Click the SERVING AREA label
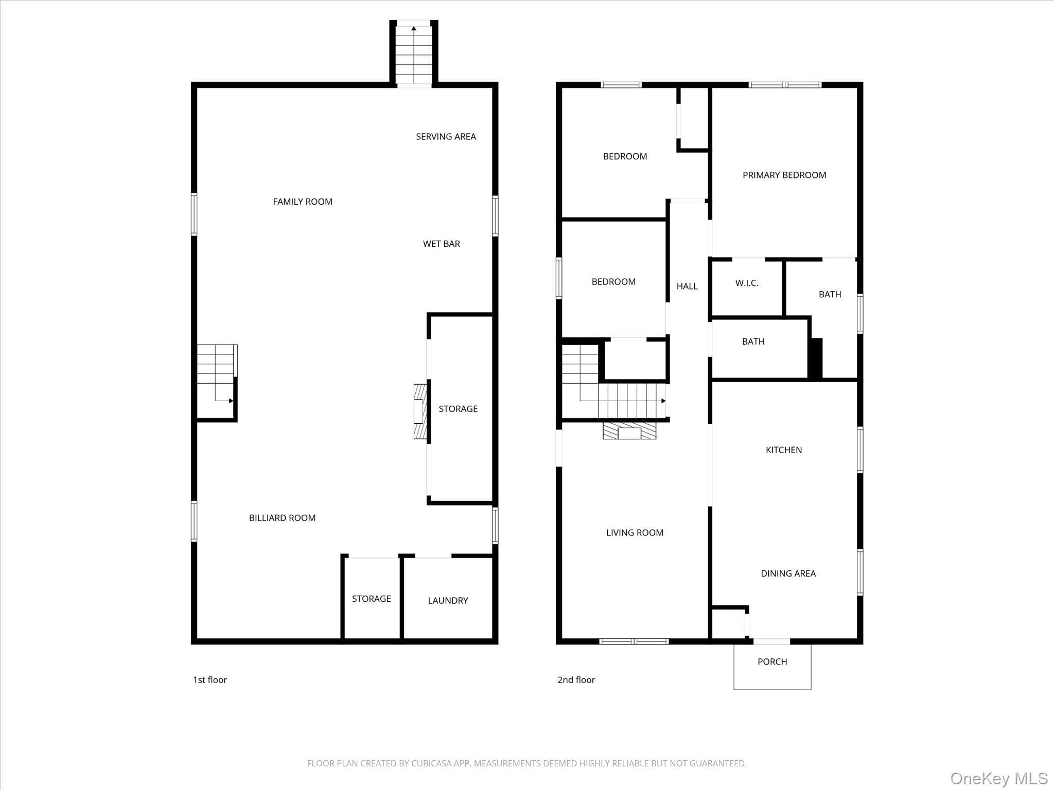click(446, 136)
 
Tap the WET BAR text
click(441, 244)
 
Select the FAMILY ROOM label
click(303, 202)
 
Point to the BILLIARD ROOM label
click(282, 518)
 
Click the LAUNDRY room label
click(448, 600)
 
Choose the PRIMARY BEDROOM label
click(784, 175)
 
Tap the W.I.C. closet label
click(747, 283)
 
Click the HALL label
click(687, 286)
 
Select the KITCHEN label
click(784, 450)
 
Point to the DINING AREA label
click(788, 573)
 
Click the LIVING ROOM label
click(635, 533)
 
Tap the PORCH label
click(772, 661)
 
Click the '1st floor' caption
click(210, 679)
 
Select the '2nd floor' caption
click(576, 679)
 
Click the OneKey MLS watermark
click(999, 778)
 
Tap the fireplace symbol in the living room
click(629, 431)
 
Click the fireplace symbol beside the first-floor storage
click(420, 411)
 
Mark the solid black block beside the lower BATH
click(816, 358)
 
